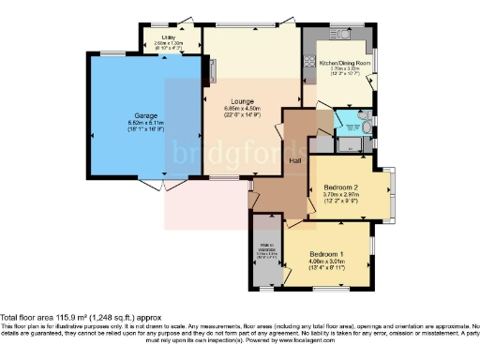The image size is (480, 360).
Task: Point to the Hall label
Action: click(293, 159)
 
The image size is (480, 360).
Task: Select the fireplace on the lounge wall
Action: click(213, 70)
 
